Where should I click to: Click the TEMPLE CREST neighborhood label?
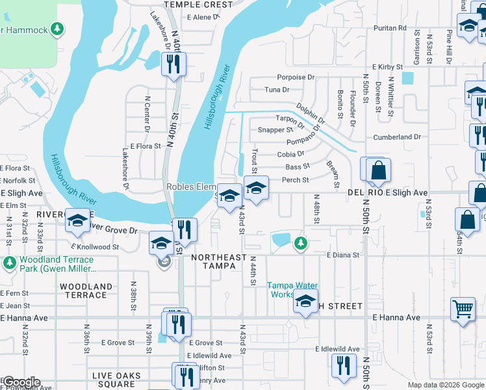pos(198,5)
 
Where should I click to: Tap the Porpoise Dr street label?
pos(296,77)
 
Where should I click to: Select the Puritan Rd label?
pos(390,29)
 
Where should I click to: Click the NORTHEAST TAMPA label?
pos(219,263)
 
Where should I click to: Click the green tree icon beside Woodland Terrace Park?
pos(10,263)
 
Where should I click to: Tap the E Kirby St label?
pos(389,67)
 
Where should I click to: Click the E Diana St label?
pos(343,255)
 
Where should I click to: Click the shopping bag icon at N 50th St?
pos(378,171)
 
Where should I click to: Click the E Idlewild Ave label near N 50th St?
pos(338,349)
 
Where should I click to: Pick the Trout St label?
pos(255,161)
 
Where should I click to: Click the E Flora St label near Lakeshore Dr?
pos(145,147)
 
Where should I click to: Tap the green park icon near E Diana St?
pos(300,243)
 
